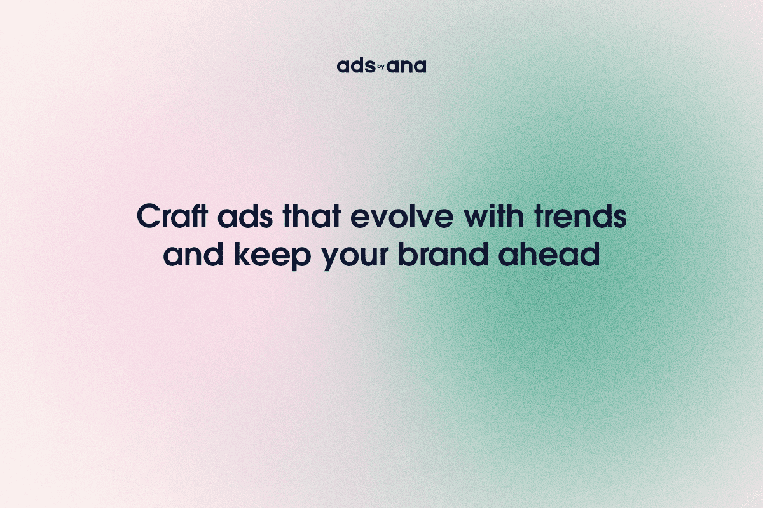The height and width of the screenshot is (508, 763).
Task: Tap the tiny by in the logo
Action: pos(381,65)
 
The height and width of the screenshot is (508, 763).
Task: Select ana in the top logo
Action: pos(407,67)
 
